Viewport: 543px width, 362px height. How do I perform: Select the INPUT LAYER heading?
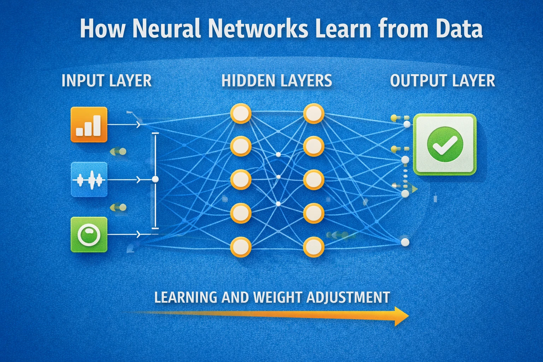(x=106, y=81)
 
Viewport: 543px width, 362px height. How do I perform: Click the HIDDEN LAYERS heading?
(x=276, y=81)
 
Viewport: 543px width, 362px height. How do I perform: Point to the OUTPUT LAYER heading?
(x=442, y=81)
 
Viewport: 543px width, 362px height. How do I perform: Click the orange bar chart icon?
(x=89, y=124)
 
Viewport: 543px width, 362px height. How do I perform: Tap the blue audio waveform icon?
(x=89, y=180)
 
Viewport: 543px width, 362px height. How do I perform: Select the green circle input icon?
(x=89, y=234)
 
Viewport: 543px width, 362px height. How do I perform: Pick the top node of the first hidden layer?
(x=241, y=113)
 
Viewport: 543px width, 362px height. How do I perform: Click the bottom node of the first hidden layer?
(x=241, y=246)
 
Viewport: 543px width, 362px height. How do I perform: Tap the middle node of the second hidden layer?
(x=313, y=180)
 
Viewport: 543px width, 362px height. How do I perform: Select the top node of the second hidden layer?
(x=313, y=113)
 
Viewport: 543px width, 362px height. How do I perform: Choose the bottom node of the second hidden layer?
(x=313, y=246)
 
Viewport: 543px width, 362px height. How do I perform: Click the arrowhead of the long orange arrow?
(x=401, y=316)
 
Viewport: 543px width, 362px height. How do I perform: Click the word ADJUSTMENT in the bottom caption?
(x=348, y=297)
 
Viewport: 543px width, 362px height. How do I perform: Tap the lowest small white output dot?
(x=405, y=242)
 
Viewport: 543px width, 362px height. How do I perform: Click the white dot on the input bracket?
(x=155, y=179)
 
